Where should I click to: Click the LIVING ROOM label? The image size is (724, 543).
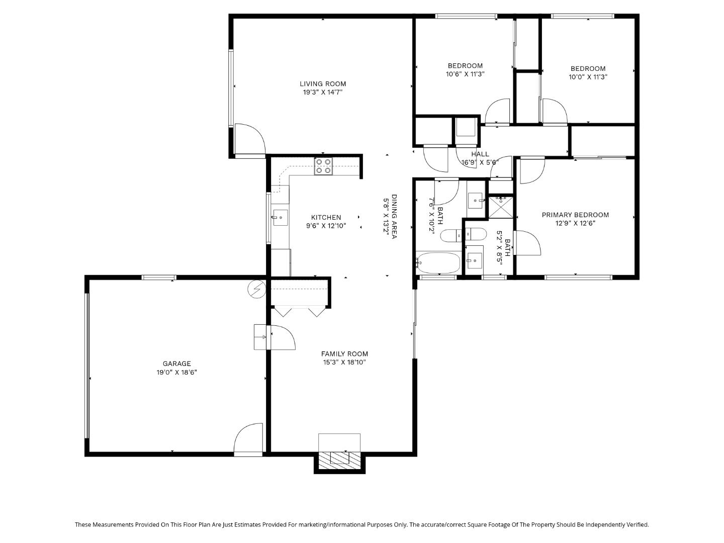[x=323, y=84]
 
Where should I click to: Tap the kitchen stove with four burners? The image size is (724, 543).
[x=323, y=166]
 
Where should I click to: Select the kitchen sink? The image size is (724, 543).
[x=280, y=218]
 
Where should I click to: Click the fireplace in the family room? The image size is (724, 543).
[x=339, y=458]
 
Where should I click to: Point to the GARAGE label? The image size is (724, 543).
[x=176, y=364]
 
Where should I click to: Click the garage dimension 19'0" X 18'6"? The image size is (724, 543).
[x=176, y=373]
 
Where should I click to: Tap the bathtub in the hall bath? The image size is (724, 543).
[x=438, y=262]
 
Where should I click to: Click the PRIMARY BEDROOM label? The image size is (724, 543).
[x=575, y=215]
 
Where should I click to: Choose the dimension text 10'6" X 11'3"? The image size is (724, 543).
[x=465, y=74]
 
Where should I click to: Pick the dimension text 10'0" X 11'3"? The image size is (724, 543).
[x=588, y=77]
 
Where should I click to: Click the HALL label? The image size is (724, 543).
[x=480, y=154]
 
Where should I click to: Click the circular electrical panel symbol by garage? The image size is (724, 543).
[x=256, y=289]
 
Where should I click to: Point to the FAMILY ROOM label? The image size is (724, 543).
[x=344, y=353]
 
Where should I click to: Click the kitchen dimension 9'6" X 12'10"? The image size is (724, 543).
[x=326, y=226]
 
